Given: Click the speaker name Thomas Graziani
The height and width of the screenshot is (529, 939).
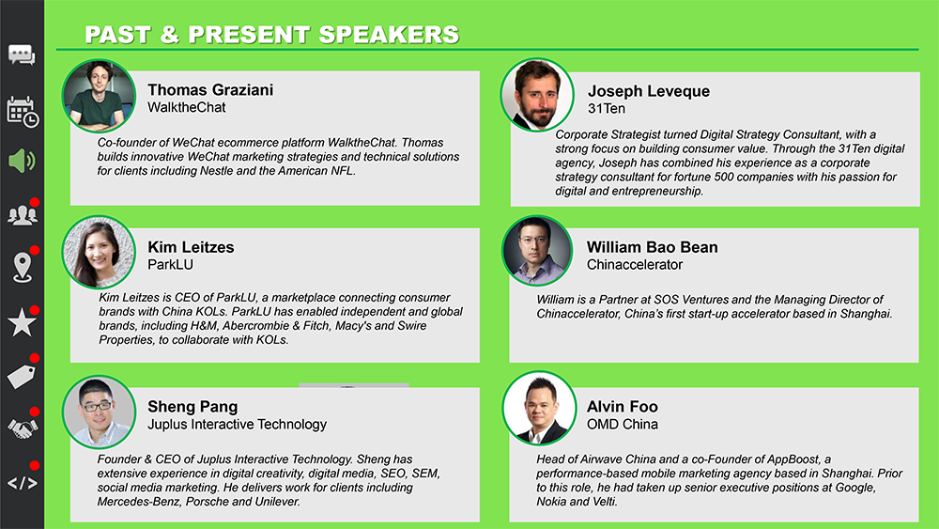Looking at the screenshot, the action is click(x=210, y=90).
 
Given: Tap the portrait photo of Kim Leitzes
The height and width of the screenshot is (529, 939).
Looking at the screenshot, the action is click(x=99, y=252).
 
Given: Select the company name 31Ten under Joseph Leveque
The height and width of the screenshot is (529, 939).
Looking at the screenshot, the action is click(x=606, y=108).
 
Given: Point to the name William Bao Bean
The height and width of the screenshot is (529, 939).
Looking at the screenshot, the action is click(x=653, y=247).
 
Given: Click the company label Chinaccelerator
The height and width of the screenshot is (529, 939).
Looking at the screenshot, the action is click(x=635, y=264).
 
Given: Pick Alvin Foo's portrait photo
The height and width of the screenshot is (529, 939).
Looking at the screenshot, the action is click(x=539, y=408).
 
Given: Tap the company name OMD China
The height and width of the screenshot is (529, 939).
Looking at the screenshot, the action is click(x=623, y=424).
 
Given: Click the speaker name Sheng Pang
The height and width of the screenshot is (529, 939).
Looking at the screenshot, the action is click(x=192, y=407).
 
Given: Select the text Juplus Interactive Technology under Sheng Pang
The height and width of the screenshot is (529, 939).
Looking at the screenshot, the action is click(x=238, y=424).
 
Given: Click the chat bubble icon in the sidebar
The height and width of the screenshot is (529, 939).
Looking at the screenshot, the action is click(x=22, y=55).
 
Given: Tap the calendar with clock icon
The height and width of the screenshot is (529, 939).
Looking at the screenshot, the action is click(x=23, y=112).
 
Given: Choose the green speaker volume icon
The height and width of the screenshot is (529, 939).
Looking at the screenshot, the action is click(x=23, y=161).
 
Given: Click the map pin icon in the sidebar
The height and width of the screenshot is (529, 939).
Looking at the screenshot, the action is click(x=23, y=267).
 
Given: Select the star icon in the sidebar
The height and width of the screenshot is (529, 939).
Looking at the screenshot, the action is click(x=23, y=322).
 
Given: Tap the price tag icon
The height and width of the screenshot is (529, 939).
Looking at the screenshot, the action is click(x=22, y=376).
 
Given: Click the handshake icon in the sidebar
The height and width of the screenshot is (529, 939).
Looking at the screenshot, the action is click(x=23, y=428).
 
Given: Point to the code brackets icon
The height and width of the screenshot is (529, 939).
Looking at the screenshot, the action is click(x=23, y=483).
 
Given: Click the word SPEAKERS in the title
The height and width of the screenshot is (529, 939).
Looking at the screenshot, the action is click(x=389, y=35).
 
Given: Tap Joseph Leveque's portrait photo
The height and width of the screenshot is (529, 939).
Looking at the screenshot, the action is click(x=537, y=95).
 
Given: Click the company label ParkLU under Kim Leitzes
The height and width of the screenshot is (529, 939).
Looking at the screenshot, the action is click(x=171, y=264).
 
